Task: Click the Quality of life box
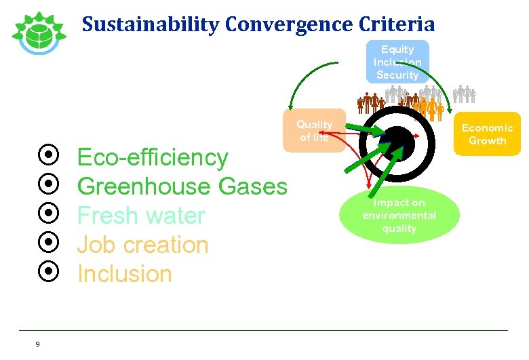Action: [x=314, y=130]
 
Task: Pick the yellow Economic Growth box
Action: [x=487, y=134]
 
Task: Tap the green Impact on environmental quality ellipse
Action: [x=399, y=216]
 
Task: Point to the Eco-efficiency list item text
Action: [x=153, y=157]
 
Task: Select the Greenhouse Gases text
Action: [x=182, y=186]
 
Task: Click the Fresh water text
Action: [x=140, y=216]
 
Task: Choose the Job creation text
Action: [x=142, y=245]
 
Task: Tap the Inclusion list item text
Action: [x=124, y=274]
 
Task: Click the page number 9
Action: [x=37, y=344]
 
